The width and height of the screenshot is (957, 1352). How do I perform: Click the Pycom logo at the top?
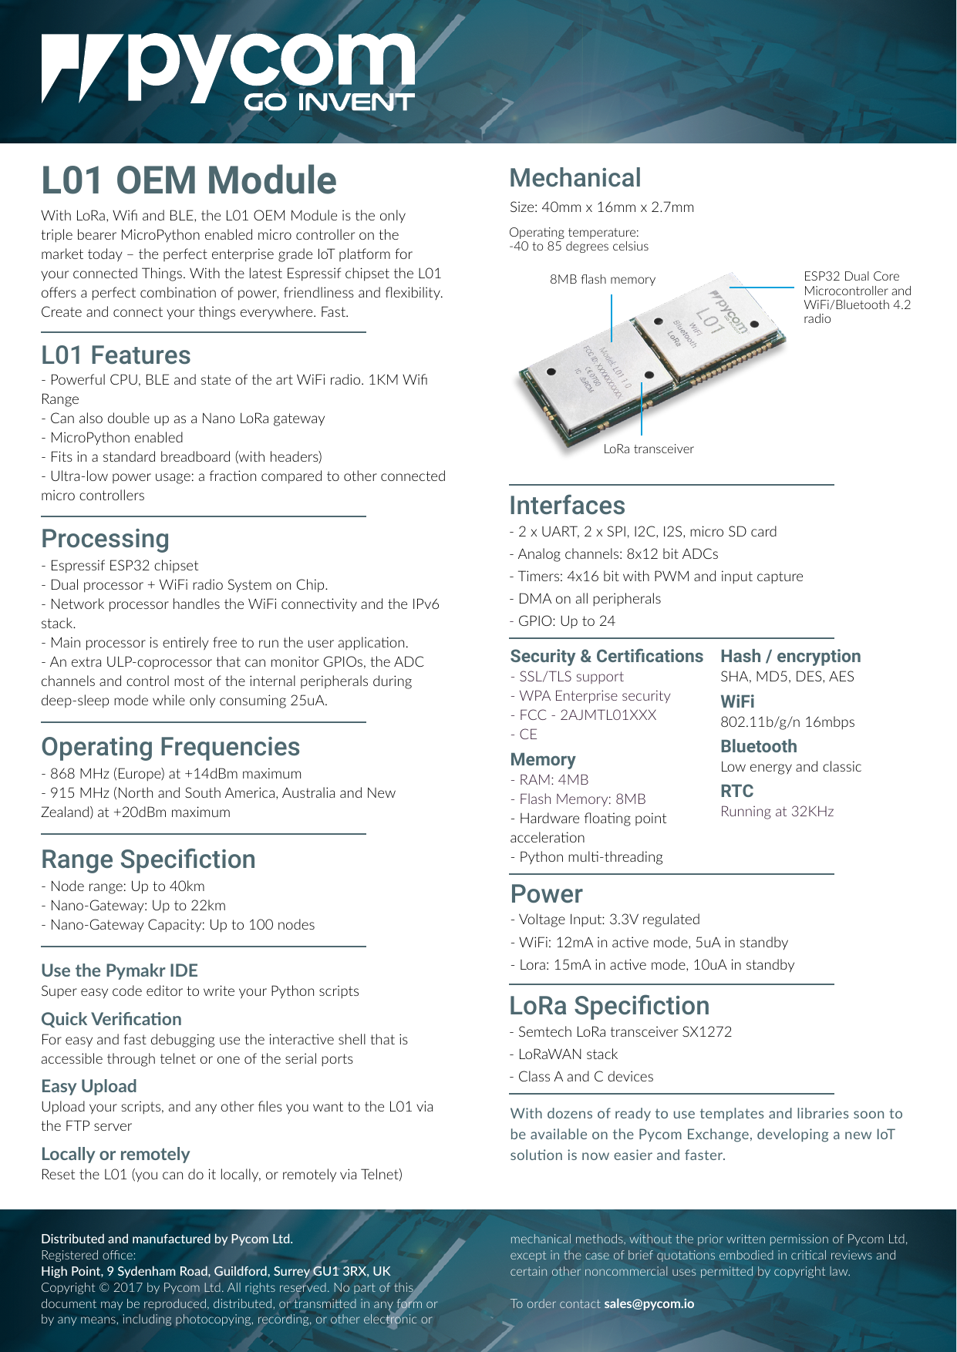228,71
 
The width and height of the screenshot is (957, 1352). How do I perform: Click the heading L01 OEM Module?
189,180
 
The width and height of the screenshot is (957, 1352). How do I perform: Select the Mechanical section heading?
575,178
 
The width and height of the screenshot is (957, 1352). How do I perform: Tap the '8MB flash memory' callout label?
602,279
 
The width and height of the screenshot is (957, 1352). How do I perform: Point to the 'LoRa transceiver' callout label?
649,449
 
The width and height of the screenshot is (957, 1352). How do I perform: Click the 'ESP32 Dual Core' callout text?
851,276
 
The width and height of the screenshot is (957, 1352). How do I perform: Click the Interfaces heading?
568,506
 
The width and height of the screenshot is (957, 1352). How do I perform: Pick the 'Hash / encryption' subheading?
790,656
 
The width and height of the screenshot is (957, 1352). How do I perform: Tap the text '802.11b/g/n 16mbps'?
787,722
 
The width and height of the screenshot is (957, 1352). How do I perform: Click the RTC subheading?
736,791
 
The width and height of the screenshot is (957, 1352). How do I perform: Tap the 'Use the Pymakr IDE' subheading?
120,970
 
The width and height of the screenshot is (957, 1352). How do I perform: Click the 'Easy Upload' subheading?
89,1086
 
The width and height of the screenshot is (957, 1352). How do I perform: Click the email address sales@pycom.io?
649,1304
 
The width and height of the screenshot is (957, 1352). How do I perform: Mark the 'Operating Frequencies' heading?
170,747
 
